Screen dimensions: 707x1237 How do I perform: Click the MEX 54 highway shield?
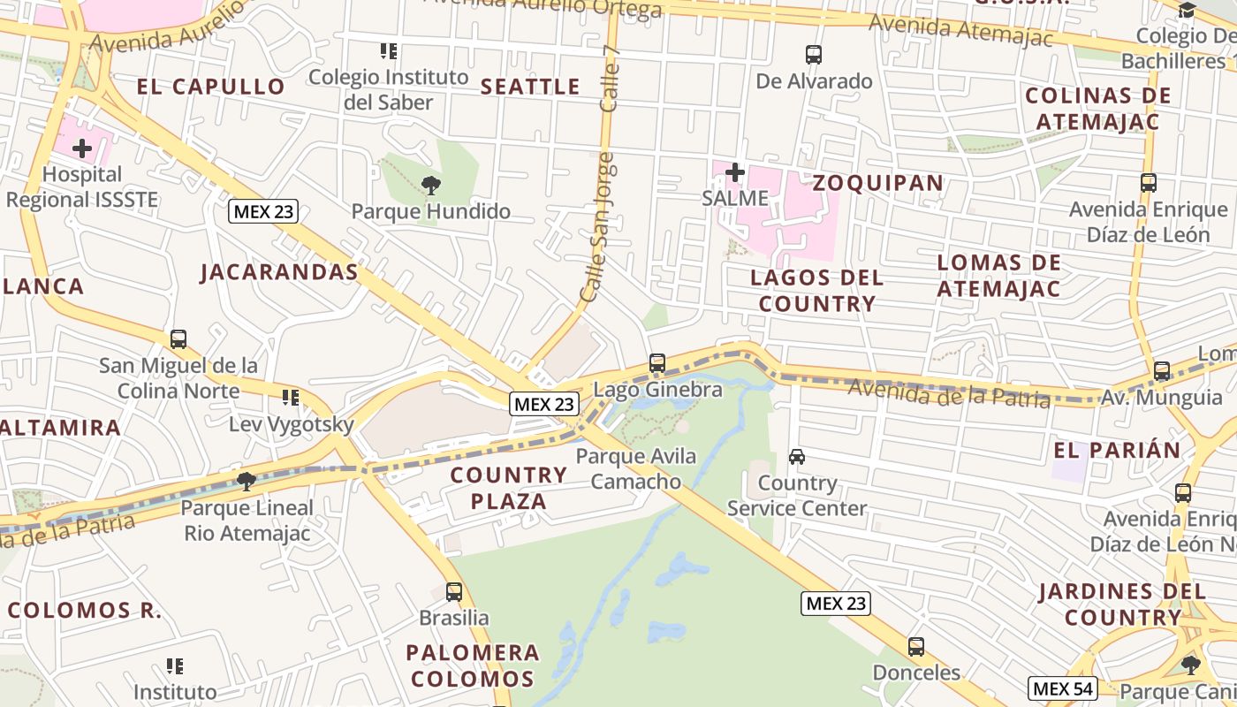(1063, 688)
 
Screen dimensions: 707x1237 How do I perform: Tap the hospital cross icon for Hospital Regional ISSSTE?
(82, 148)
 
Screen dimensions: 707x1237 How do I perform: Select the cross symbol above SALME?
(734, 172)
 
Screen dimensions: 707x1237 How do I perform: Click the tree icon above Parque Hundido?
(431, 185)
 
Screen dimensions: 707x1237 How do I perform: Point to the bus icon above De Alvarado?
(814, 55)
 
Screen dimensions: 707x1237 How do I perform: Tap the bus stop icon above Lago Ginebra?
(656, 363)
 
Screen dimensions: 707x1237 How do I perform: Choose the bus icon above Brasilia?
(454, 591)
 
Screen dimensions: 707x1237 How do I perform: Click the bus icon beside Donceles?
(916, 647)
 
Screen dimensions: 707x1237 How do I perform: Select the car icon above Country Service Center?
(797, 457)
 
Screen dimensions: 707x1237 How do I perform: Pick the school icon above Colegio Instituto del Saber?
(388, 51)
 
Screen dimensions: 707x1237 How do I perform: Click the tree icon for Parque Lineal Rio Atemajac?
(247, 481)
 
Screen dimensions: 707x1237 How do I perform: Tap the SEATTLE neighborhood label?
(530, 87)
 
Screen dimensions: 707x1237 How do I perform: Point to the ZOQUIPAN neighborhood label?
(877, 183)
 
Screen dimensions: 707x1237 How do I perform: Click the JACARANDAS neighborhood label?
(279, 272)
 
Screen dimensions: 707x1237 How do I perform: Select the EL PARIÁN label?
(1117, 450)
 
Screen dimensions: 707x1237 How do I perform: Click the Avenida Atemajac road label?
(961, 30)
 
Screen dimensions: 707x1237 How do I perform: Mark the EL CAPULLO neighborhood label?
(210, 87)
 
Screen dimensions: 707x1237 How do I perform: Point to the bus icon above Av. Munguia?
(1162, 371)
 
